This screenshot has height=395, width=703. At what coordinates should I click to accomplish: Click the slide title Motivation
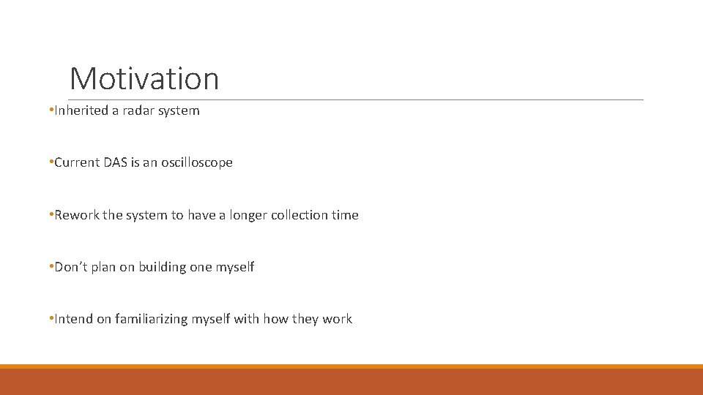coord(144,78)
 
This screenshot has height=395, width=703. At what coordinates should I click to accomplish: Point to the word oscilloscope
coord(195,162)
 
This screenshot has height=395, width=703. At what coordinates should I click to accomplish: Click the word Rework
coord(76,215)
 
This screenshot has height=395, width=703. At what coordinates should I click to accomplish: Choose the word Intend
coord(74,319)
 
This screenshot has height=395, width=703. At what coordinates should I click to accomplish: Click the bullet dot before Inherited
coord(51,110)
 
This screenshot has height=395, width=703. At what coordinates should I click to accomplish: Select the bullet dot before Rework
coord(51,215)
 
